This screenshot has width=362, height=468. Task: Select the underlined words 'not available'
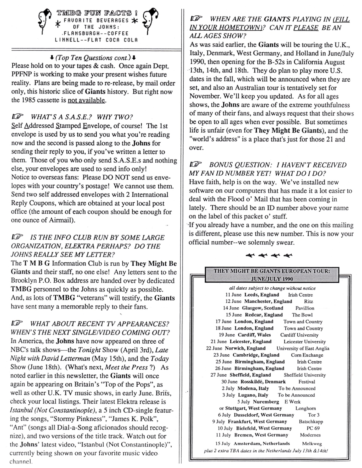click(86, 100)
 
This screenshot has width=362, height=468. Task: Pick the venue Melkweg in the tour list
click(312, 444)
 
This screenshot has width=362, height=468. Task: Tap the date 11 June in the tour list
click(233, 295)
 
